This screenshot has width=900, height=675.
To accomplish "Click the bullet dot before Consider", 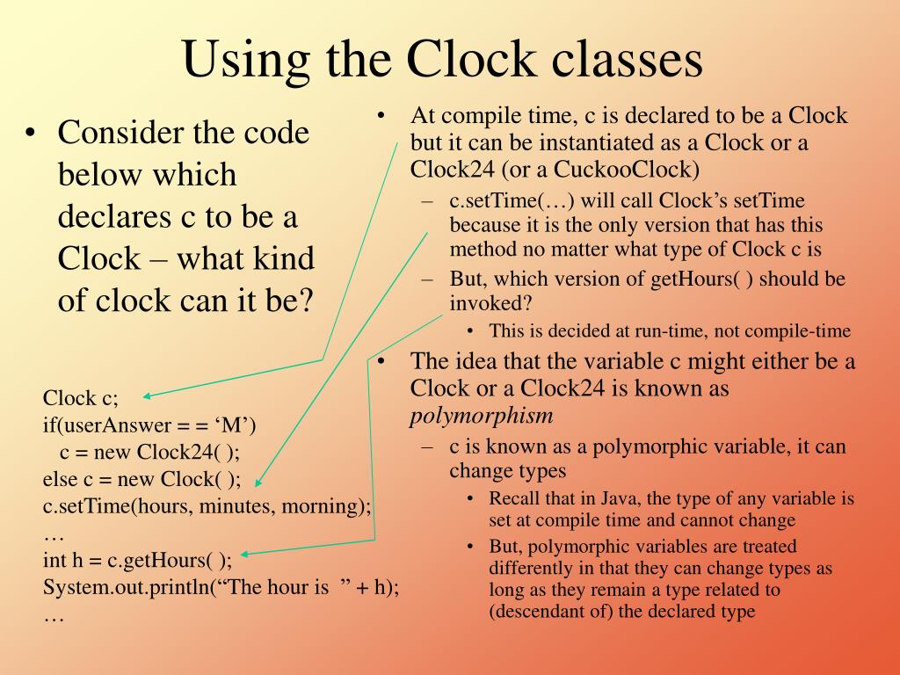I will pyautogui.click(x=32, y=134).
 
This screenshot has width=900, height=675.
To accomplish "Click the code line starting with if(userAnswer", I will pyautogui.click(x=149, y=425).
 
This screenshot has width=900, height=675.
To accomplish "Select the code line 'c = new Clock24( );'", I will pyautogui.click(x=149, y=453).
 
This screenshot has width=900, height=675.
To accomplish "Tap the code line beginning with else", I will pyautogui.click(x=142, y=480).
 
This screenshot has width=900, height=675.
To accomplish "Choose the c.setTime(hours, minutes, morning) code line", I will pyautogui.click(x=207, y=507).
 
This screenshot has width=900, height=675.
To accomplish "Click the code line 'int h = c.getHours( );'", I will pyautogui.click(x=137, y=561).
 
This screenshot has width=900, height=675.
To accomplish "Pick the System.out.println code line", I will pyautogui.click(x=221, y=588).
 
